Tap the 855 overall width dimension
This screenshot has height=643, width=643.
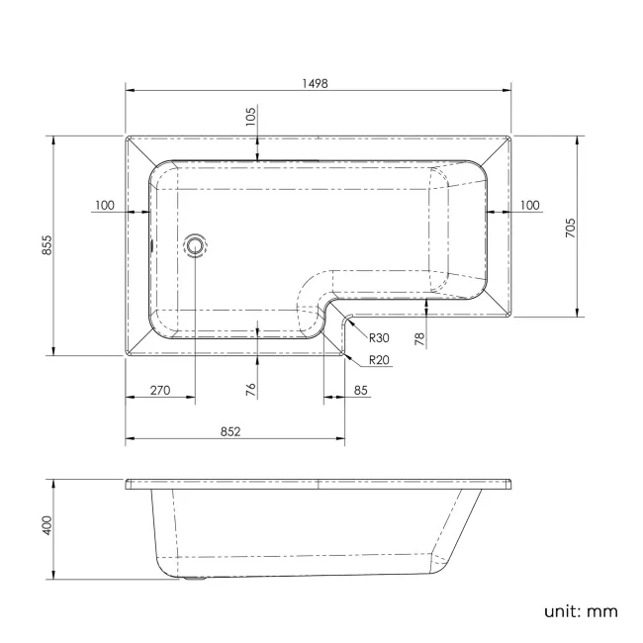(x=46, y=245)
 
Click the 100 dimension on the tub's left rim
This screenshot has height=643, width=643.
(x=105, y=205)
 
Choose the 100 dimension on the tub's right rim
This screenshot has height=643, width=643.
(x=529, y=205)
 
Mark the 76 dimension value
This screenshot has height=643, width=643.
(x=251, y=390)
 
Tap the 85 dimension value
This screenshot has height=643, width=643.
(x=360, y=391)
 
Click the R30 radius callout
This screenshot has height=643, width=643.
(x=378, y=337)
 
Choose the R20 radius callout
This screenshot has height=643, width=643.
(x=378, y=360)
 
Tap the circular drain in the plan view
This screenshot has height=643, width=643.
(x=195, y=244)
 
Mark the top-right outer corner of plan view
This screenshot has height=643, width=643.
(x=511, y=137)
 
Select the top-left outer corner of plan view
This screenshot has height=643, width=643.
(x=126, y=137)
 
